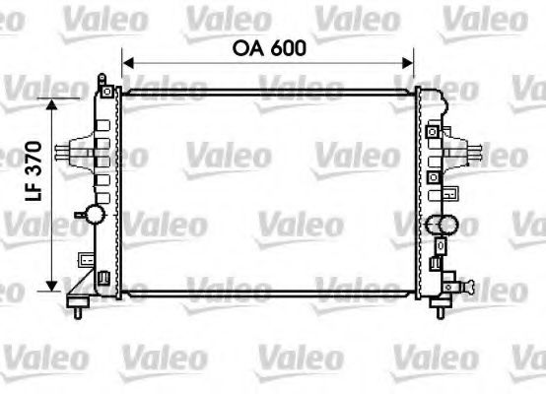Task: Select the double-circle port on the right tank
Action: (441, 226)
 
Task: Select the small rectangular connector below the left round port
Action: (87, 260)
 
